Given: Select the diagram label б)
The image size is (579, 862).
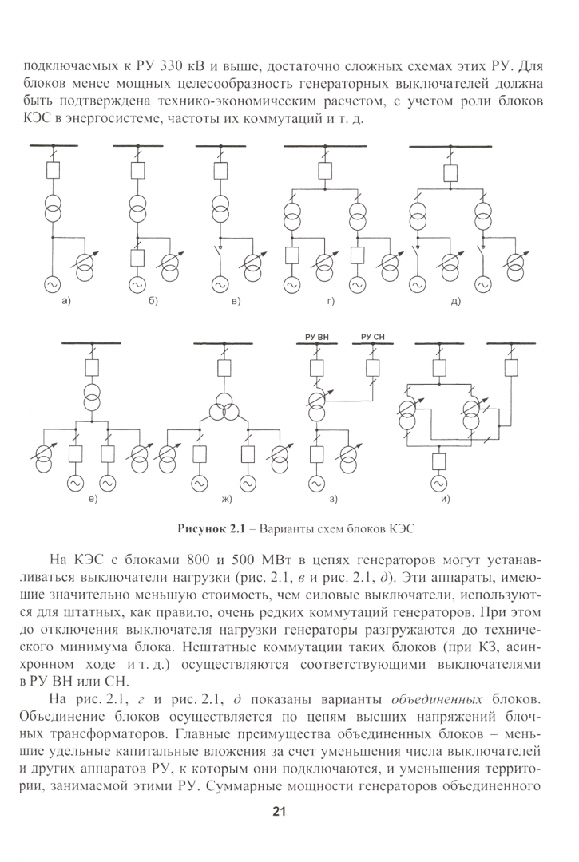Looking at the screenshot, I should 152,301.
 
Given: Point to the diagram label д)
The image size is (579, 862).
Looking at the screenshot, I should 455,301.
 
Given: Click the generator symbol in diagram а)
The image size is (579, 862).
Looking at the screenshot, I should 55,283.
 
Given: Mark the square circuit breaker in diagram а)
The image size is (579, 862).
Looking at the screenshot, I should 55,170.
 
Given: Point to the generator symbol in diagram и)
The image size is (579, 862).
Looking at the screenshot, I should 438,482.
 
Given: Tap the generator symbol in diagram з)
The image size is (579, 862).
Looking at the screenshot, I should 317,482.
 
